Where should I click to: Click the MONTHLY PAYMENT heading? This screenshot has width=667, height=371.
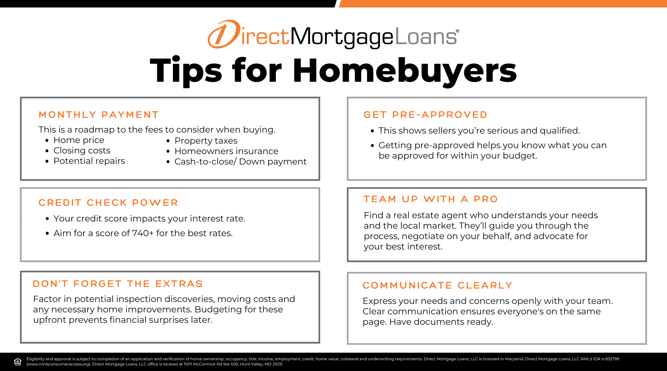pos(98,115)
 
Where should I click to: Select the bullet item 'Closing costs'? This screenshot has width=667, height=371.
pos(82,150)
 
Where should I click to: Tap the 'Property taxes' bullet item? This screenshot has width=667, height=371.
pos(206,141)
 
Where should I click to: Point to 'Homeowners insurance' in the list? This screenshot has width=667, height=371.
pos(226,151)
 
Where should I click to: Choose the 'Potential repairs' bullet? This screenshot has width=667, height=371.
pos(89,161)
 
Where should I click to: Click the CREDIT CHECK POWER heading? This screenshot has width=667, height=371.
pos(108,203)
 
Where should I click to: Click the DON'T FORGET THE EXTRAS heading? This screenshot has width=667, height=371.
pos(118,284)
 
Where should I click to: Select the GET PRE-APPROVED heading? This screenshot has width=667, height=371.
pos(425,115)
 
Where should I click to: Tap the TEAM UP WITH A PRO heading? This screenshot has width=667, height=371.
pos(431,199)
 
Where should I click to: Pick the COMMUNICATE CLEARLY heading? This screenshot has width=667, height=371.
pos(437,285)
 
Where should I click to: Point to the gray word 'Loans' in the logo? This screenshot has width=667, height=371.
pos(426,36)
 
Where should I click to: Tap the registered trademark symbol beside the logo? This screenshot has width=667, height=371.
pos(458,31)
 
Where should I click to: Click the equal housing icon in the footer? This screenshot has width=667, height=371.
pos(18,362)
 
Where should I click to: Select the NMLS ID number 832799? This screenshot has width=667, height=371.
pos(612,359)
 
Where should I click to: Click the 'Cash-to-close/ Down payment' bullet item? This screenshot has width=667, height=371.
pos(240,162)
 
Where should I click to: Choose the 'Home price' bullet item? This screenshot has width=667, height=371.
pos(79,140)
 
